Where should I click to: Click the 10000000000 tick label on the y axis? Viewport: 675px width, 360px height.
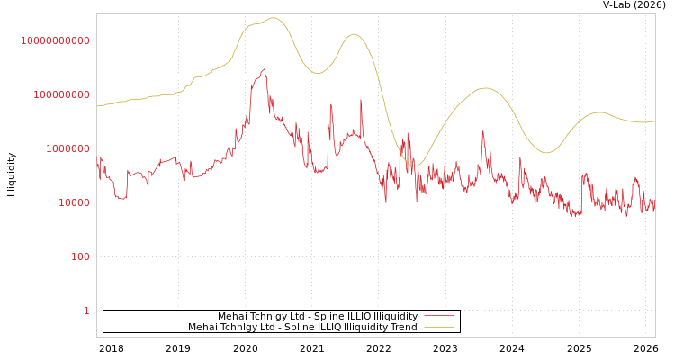pyautogui.click(x=55, y=40)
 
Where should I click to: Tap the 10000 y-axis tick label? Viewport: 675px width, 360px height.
pyautogui.click(x=74, y=202)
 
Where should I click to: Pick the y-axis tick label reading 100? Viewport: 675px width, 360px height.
pyautogui.click(x=80, y=256)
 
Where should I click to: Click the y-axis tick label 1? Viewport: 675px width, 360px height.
pyautogui.click(x=86, y=310)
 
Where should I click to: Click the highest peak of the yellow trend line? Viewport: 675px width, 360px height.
pyautogui.click(x=274, y=18)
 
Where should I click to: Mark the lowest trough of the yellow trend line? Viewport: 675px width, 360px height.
pyautogui.click(x=415, y=165)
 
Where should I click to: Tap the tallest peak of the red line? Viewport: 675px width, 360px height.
pyautogui.click(x=265, y=68)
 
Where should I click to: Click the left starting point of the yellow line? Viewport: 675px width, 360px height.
pyautogui.click(x=97, y=106)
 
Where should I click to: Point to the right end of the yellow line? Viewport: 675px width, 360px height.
pyautogui.click(x=654, y=121)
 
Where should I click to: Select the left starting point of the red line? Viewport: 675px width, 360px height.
pyautogui.click(x=97, y=162)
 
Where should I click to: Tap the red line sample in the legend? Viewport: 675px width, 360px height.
pyautogui.click(x=438, y=316)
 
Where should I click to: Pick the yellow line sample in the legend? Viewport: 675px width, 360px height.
pyautogui.click(x=438, y=327)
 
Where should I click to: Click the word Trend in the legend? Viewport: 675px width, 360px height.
pyautogui.click(x=402, y=327)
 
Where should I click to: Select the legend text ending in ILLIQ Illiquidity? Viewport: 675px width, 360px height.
pyautogui.click(x=318, y=316)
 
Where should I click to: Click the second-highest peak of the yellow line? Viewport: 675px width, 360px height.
pyautogui.click(x=354, y=34)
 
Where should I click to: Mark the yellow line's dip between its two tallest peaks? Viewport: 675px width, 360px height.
pyautogui.click(x=317, y=73)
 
